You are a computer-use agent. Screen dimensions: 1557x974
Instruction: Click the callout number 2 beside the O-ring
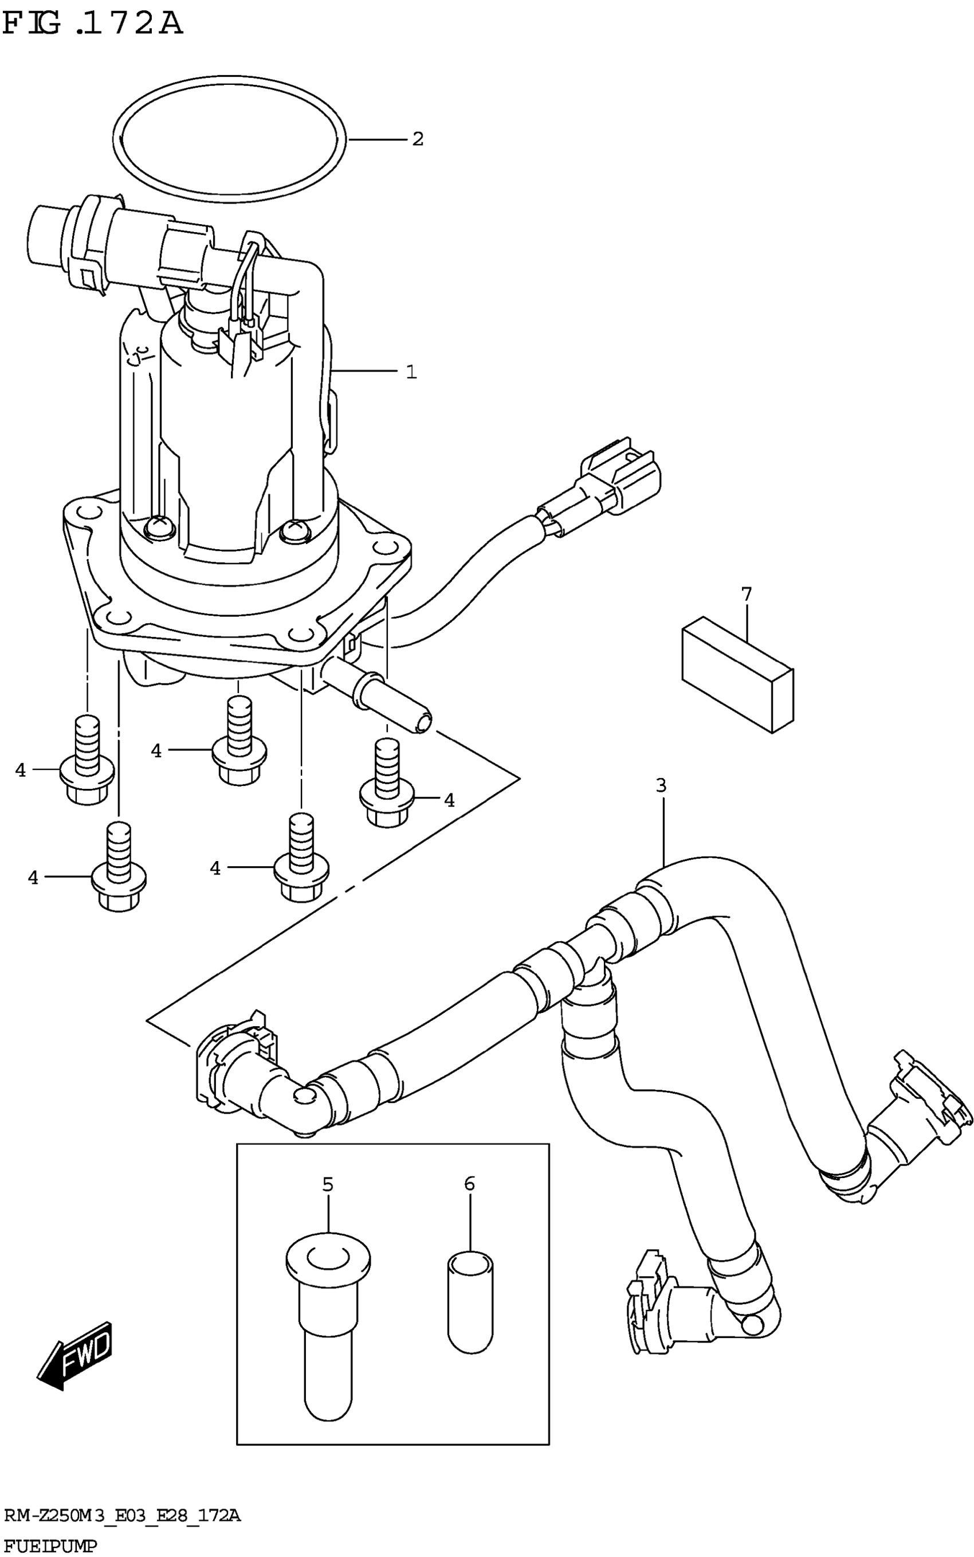click(x=418, y=139)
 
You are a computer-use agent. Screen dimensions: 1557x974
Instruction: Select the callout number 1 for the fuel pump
click(x=411, y=372)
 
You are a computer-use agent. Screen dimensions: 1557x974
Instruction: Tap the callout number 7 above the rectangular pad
click(x=747, y=594)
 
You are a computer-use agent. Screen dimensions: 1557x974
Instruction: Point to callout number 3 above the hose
click(x=661, y=785)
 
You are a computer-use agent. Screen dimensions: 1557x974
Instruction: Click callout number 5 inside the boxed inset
click(x=328, y=1184)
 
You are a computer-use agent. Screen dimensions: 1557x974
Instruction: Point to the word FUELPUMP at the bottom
click(x=50, y=1546)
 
